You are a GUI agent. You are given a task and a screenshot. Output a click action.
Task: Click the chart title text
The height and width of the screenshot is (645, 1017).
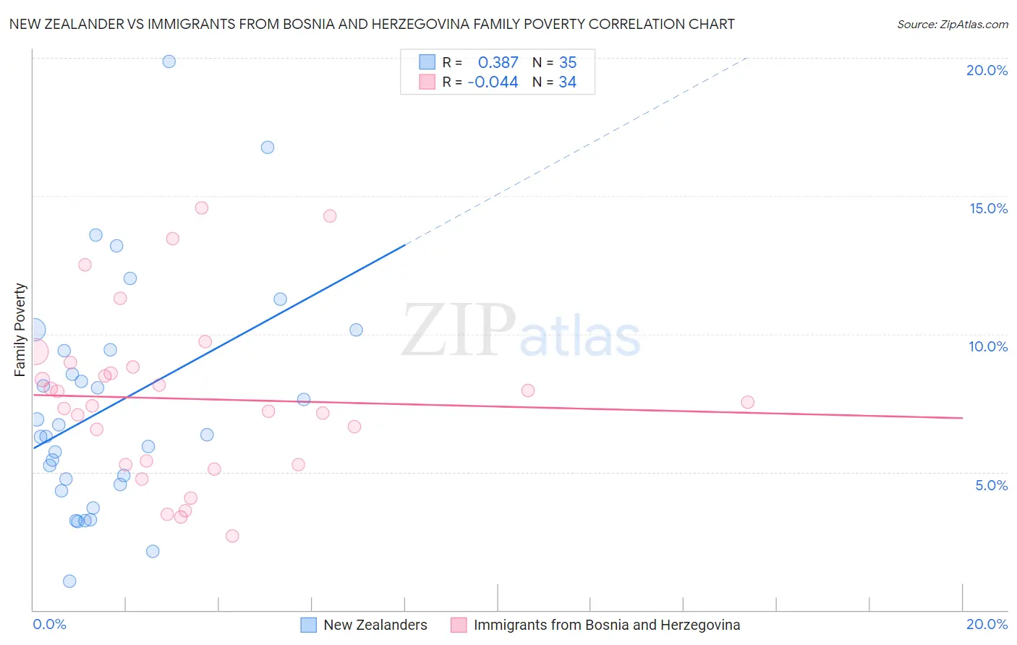point(372,24)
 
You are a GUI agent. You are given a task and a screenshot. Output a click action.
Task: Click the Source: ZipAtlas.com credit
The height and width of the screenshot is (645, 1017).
point(952,24)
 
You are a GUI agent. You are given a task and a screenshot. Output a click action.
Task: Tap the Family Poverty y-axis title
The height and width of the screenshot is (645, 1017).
point(20,330)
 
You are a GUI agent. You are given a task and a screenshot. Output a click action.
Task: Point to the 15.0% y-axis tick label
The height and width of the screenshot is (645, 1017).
point(988,208)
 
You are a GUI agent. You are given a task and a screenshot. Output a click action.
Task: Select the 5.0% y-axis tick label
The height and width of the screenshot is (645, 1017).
point(991,485)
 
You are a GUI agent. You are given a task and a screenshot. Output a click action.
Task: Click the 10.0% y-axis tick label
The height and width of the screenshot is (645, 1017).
point(988,346)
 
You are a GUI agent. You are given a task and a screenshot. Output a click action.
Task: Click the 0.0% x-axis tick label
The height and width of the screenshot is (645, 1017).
point(49,624)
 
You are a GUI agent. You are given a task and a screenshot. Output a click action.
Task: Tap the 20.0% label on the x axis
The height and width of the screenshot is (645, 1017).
point(987,624)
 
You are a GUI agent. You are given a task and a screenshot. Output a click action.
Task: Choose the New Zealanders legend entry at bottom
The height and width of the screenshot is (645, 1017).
point(375,625)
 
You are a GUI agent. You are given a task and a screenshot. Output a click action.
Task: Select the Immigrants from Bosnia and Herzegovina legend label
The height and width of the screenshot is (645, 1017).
point(606,625)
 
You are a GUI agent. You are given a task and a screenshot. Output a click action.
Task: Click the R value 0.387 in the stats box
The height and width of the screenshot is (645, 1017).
point(498,63)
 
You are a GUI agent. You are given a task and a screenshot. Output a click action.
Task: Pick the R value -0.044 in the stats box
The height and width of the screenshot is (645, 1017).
point(493,82)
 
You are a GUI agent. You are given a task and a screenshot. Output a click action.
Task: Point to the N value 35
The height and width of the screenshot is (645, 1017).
point(568,63)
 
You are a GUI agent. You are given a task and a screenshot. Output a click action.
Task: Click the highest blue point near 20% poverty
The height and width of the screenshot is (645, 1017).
point(169,61)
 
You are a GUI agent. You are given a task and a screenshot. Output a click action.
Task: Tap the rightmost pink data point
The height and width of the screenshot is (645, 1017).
point(747,402)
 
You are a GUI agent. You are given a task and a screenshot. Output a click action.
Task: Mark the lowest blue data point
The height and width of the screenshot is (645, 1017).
point(69,581)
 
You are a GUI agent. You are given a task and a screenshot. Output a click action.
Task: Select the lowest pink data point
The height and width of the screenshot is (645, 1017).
point(232,536)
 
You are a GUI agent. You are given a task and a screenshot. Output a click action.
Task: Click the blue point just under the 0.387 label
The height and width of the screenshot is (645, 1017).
point(268,148)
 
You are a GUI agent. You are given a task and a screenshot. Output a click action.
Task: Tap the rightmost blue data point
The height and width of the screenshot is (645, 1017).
point(356,330)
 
